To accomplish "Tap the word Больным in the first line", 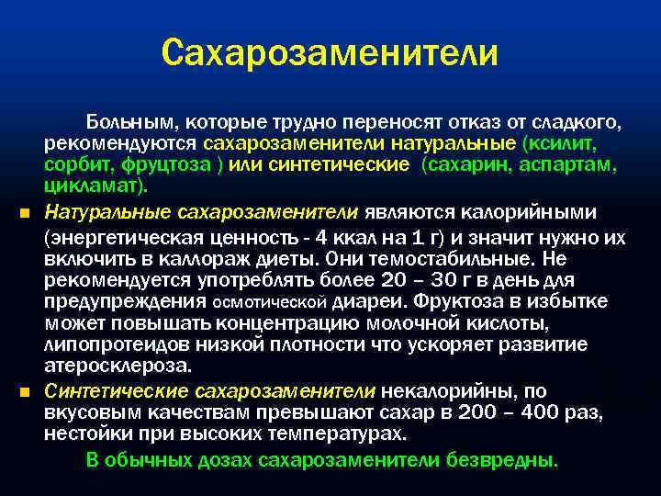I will pyautogui.click(x=123, y=122).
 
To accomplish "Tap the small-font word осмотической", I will pyautogui.click(x=270, y=302).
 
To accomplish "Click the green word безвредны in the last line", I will pyautogui.click(x=499, y=459).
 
